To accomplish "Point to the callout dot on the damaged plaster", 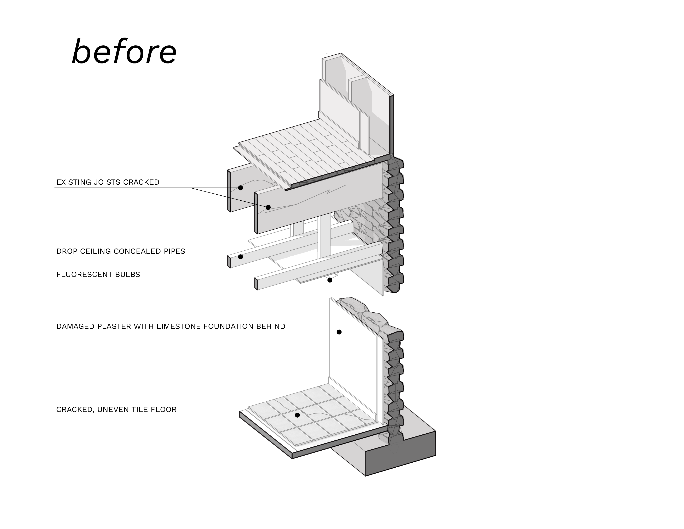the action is tap(339, 332).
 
